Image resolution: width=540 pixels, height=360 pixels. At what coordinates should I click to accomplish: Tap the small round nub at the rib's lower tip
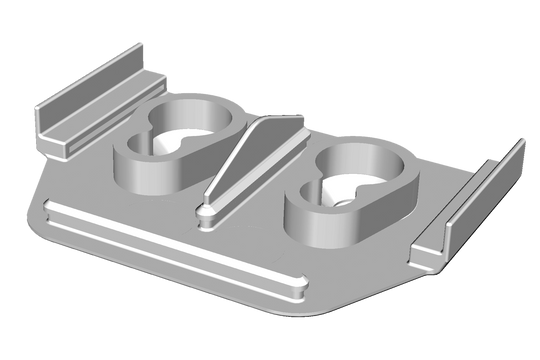coord(206,211)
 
